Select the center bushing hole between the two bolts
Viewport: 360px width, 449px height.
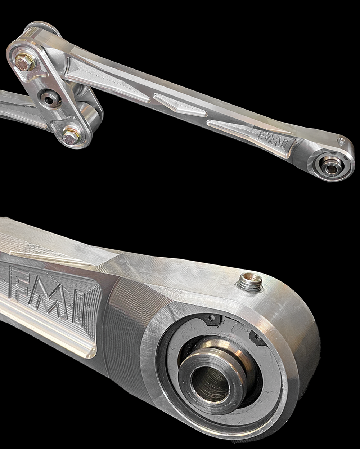point(48,99)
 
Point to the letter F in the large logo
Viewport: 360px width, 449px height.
point(20,283)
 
